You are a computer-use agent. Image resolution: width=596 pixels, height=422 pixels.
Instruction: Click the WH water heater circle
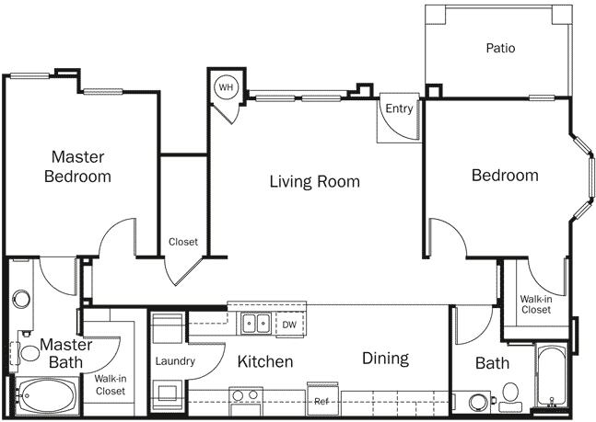tap(226, 88)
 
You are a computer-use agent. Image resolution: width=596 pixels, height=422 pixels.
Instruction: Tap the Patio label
tap(500, 48)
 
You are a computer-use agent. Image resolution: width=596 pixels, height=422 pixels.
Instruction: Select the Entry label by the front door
tap(399, 108)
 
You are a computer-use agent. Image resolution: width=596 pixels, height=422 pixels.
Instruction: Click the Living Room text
tap(314, 181)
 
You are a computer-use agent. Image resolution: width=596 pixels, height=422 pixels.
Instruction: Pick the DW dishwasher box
tap(288, 324)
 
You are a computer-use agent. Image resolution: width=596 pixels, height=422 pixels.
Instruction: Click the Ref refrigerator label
tap(321, 402)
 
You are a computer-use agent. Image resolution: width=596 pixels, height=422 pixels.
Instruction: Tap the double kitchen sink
tap(256, 323)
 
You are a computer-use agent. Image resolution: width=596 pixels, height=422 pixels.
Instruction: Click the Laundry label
tap(175, 361)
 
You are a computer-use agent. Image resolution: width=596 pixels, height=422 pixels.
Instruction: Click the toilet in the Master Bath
tap(18, 351)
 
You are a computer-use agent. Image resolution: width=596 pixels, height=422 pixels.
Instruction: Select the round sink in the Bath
tap(478, 402)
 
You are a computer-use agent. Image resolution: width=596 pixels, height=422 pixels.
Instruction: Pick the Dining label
tap(385, 359)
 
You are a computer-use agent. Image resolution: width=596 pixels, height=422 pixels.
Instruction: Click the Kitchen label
tap(265, 361)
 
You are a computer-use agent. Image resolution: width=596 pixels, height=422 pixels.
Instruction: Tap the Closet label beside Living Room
tap(183, 243)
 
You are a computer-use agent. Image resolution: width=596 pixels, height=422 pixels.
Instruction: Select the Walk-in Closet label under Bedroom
tap(535, 304)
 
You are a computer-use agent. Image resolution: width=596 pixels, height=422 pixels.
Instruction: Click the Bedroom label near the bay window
tap(505, 176)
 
